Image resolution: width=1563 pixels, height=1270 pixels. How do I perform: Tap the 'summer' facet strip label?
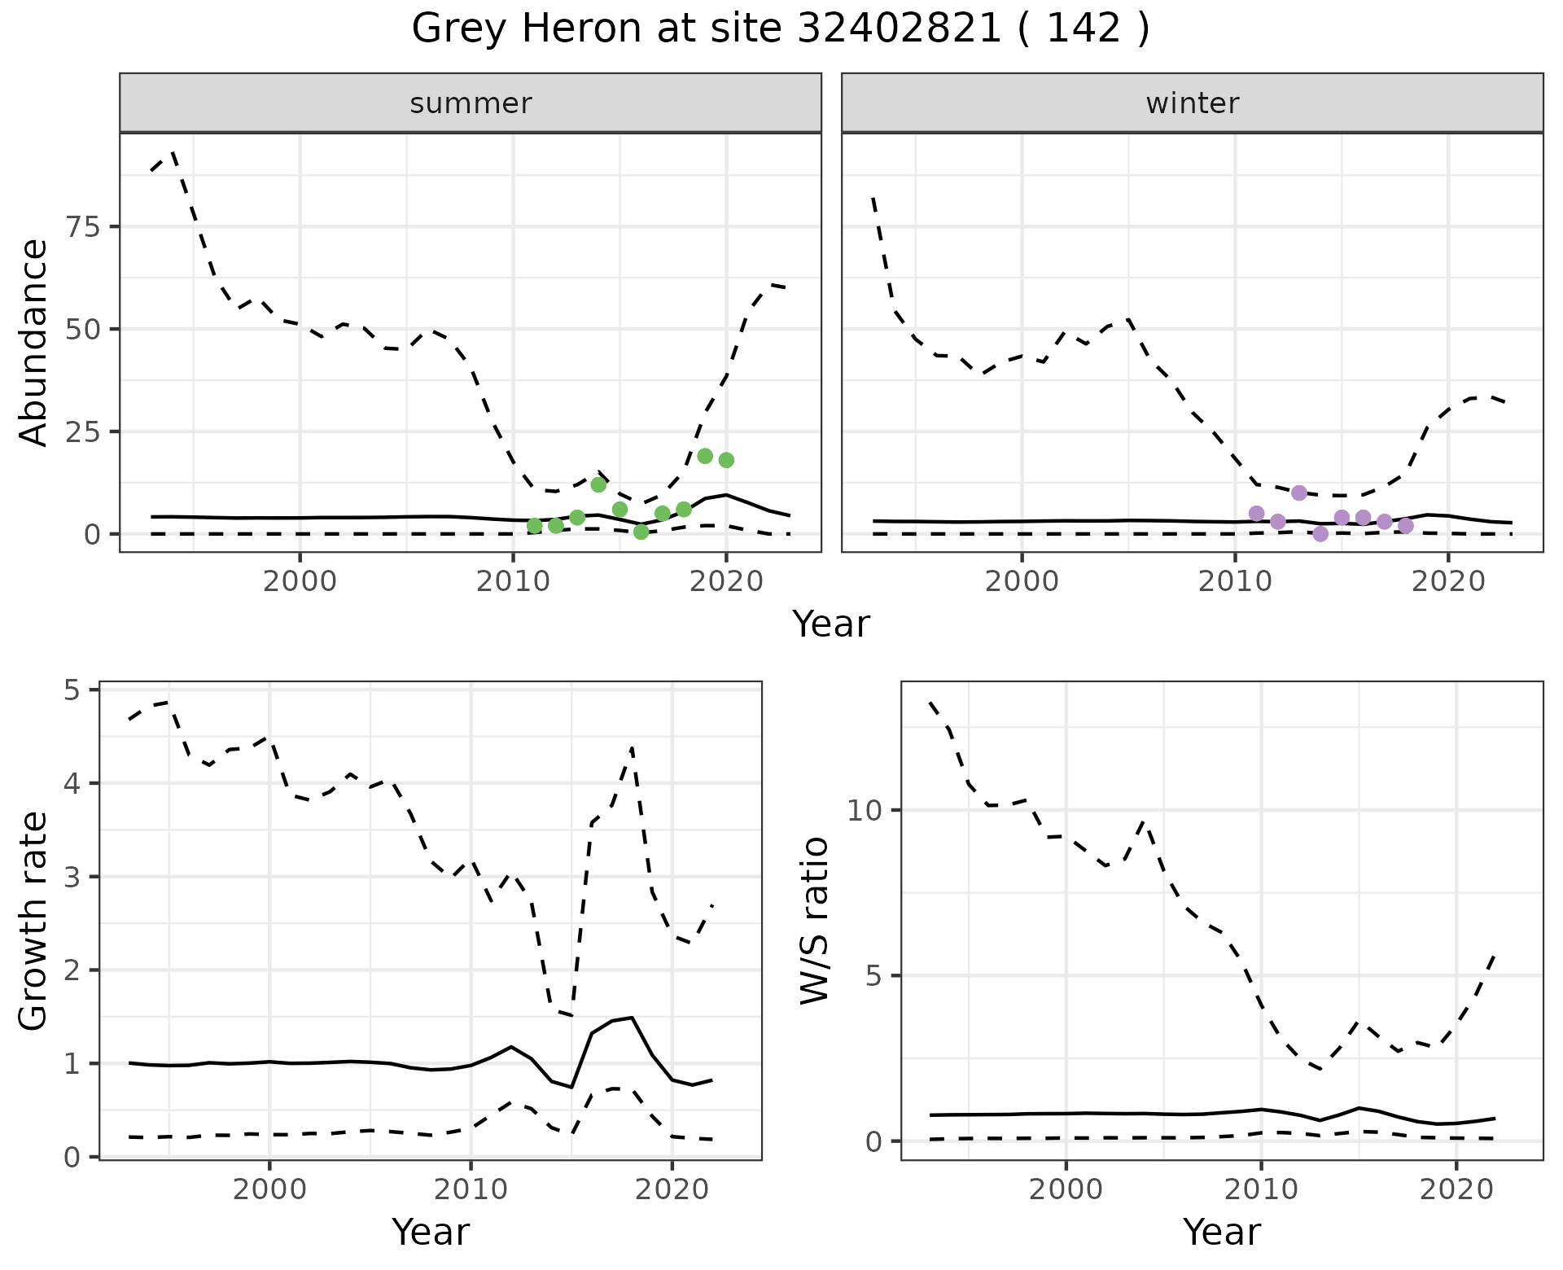pos(471,103)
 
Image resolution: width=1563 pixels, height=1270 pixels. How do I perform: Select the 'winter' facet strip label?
pos(1192,103)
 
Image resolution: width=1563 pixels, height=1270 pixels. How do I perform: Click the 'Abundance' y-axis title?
pos(34,342)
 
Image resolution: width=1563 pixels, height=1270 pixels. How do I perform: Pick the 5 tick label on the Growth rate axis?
pos(78,690)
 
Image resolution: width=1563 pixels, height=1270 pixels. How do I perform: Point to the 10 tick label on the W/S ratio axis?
pos(865,810)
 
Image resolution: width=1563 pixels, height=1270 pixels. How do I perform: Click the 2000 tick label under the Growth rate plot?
pos(269,1189)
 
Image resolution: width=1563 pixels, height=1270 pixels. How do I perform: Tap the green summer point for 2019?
pos(705,456)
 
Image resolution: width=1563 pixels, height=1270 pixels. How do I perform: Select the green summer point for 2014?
pos(598,484)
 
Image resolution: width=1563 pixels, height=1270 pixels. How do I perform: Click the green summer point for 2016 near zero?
pos(641,532)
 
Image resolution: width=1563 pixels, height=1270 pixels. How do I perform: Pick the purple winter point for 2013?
pos(1299,493)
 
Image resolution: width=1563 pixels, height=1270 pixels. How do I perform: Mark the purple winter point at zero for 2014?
pos(1320,534)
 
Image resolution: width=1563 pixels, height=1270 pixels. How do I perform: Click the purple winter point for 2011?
pos(1256,513)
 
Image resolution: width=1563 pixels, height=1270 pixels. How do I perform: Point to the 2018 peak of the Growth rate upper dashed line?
pos(632,747)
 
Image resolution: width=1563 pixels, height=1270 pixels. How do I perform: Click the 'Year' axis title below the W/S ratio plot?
pos(1221,1232)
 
